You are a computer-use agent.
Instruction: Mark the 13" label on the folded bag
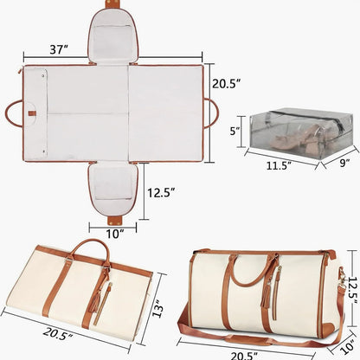[x=157, y=307]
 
